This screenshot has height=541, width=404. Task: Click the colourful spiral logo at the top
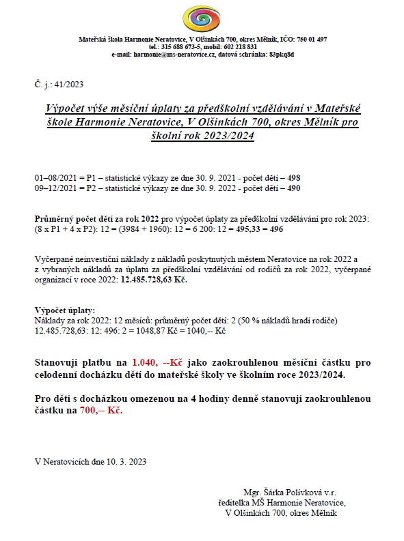click(x=202, y=17)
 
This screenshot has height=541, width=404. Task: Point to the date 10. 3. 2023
click(x=126, y=461)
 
